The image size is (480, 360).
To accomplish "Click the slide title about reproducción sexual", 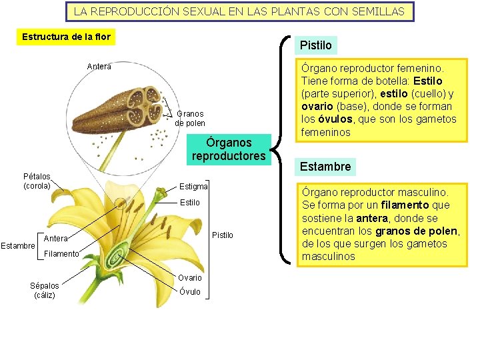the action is click(239, 11).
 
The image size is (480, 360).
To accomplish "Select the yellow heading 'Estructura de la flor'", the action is click(66, 37).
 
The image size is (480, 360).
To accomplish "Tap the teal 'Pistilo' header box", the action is click(315, 45).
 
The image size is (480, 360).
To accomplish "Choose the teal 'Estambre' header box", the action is click(325, 166).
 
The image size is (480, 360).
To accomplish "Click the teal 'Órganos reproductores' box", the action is click(229, 149).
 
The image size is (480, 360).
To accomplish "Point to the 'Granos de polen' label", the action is click(190, 119).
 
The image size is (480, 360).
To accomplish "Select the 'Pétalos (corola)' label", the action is click(37, 181).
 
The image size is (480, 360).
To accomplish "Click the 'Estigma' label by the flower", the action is click(193, 186).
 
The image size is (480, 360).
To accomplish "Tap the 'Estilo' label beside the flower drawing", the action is click(190, 202).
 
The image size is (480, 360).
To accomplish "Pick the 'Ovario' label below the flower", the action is click(190, 278).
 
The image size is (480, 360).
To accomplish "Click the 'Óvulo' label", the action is click(190, 291).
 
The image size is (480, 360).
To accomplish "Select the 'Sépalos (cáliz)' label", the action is click(44, 290).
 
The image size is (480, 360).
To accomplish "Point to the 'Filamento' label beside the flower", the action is click(61, 253).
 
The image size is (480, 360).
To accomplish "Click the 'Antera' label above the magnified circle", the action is click(99, 66).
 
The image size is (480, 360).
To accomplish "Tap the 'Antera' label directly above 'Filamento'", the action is click(55, 238).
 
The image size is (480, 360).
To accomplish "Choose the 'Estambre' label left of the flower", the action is click(17, 246).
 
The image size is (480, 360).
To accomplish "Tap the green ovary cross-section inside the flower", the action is click(119, 255).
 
